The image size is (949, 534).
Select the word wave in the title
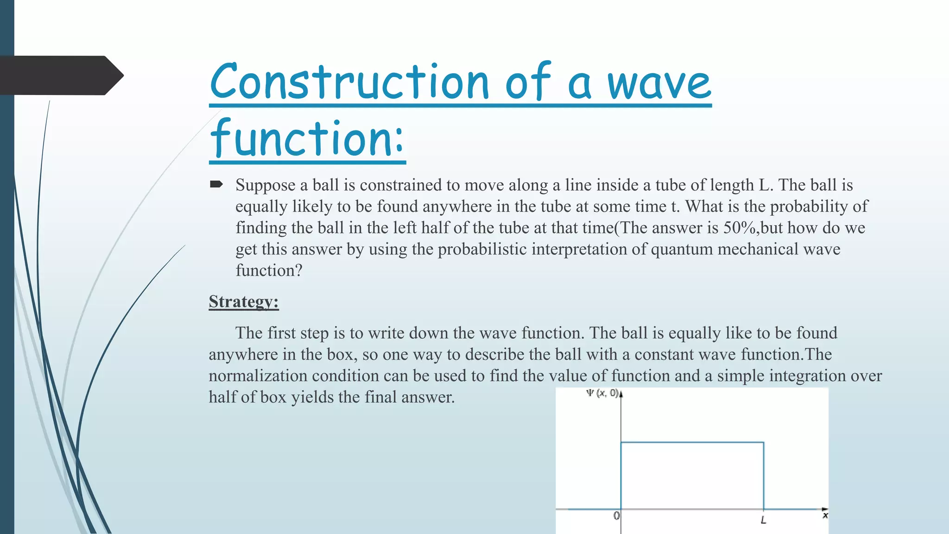(659, 83)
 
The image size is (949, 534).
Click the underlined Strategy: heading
(244, 301)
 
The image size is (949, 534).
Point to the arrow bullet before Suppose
(216, 184)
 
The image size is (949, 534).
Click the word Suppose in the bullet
(265, 185)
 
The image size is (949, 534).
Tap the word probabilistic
(482, 249)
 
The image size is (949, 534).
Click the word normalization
(258, 375)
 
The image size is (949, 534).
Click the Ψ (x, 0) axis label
(601, 393)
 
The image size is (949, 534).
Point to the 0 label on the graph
(616, 516)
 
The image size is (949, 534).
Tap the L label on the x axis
(763, 521)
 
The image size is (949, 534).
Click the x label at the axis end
(825, 515)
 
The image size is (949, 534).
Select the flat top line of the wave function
(692, 443)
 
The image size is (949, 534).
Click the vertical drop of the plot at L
(763, 475)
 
